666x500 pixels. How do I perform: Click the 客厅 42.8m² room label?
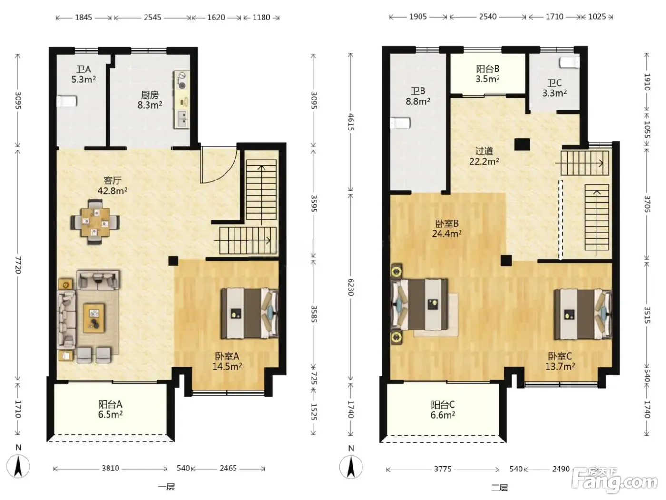[112, 186]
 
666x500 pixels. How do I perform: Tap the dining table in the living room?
[95, 222]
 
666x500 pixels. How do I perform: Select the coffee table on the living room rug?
[94, 318]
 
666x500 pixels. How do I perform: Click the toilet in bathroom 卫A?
[67, 101]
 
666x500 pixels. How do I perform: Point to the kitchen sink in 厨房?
[182, 119]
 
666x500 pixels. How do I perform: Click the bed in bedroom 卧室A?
[249, 313]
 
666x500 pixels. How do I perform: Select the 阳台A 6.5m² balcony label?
[110, 409]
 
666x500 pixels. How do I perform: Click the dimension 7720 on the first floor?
[18, 265]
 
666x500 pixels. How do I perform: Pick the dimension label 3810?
[110, 468]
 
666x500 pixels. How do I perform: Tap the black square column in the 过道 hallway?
[522, 144]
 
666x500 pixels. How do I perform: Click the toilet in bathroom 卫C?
[570, 62]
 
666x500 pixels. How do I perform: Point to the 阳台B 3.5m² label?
[488, 74]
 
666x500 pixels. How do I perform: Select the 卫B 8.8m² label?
[418, 96]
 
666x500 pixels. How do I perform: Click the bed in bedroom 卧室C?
[583, 314]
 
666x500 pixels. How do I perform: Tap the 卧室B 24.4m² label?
[447, 229]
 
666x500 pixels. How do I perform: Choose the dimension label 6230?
[351, 287]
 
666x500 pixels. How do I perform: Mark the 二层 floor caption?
[499, 488]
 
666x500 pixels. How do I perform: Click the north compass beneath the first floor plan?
[18, 467]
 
